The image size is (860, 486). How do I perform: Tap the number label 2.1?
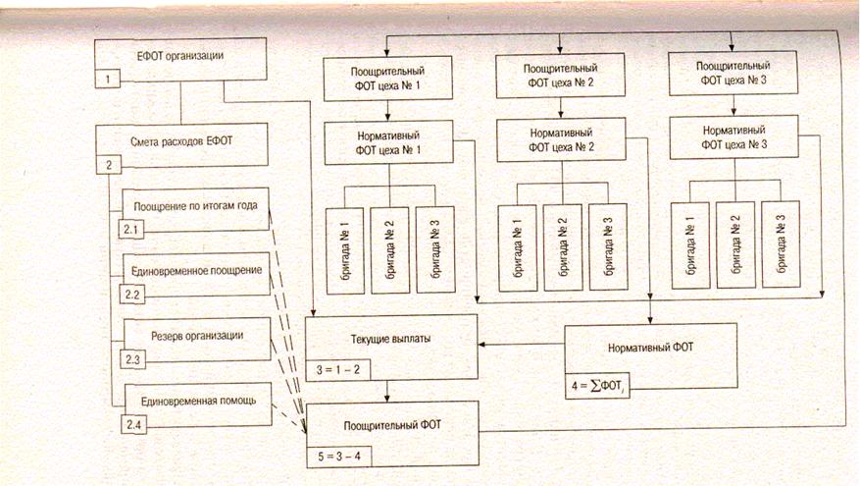point(131,228)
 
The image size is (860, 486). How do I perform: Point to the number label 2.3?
point(131,359)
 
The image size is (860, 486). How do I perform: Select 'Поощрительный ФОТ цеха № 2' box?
point(559,76)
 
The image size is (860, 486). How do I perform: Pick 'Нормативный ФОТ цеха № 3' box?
point(730,138)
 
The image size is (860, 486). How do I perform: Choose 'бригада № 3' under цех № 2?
point(608,246)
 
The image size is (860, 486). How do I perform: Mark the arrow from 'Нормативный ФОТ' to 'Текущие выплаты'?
point(520,345)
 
